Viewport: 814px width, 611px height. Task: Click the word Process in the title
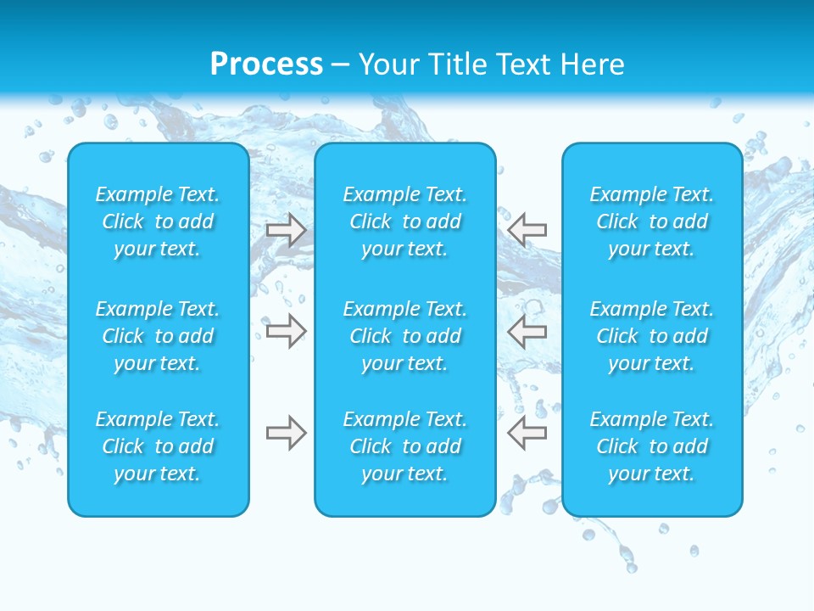coord(266,64)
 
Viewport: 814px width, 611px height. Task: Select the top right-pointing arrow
coord(287,229)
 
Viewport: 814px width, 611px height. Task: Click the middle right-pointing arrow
coord(287,330)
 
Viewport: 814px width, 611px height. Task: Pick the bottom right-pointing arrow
coord(287,433)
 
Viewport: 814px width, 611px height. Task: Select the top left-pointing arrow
coord(527,229)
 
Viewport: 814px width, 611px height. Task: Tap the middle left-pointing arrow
coord(527,330)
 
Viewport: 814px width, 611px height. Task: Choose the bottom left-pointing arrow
coord(527,433)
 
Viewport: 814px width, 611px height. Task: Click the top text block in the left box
coord(158,221)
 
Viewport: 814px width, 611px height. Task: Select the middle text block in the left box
coord(158,336)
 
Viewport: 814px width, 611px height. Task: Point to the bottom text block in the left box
coord(158,446)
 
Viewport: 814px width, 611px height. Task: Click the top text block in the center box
coord(405,221)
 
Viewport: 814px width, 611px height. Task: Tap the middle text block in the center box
coord(405,336)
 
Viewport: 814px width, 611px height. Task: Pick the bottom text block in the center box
coord(405,446)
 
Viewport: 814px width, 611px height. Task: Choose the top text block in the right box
coord(652,221)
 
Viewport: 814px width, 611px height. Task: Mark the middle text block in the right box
coord(652,336)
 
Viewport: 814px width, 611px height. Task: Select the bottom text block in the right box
coord(652,446)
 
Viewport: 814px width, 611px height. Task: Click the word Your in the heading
coord(387,64)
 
